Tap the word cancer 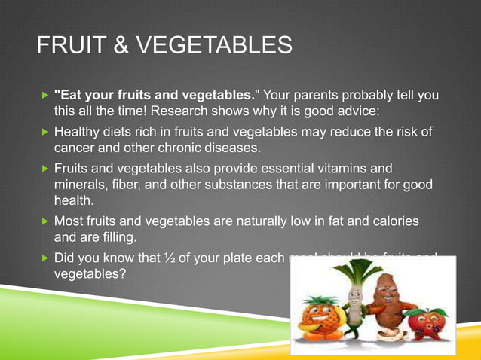pos(78,148)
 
